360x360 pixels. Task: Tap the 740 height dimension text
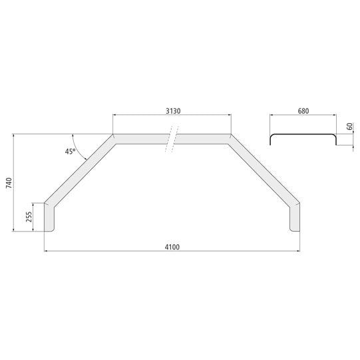(x=9, y=183)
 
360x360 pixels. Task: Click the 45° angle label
(x=70, y=152)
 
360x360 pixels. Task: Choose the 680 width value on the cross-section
(x=303, y=111)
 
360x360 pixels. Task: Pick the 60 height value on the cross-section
(x=350, y=126)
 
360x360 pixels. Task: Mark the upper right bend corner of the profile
(x=230, y=138)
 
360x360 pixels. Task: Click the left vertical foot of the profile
(x=50, y=218)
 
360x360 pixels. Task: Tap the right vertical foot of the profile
(x=294, y=218)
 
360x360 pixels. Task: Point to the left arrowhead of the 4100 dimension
(x=46, y=251)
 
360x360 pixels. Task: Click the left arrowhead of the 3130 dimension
(x=114, y=115)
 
